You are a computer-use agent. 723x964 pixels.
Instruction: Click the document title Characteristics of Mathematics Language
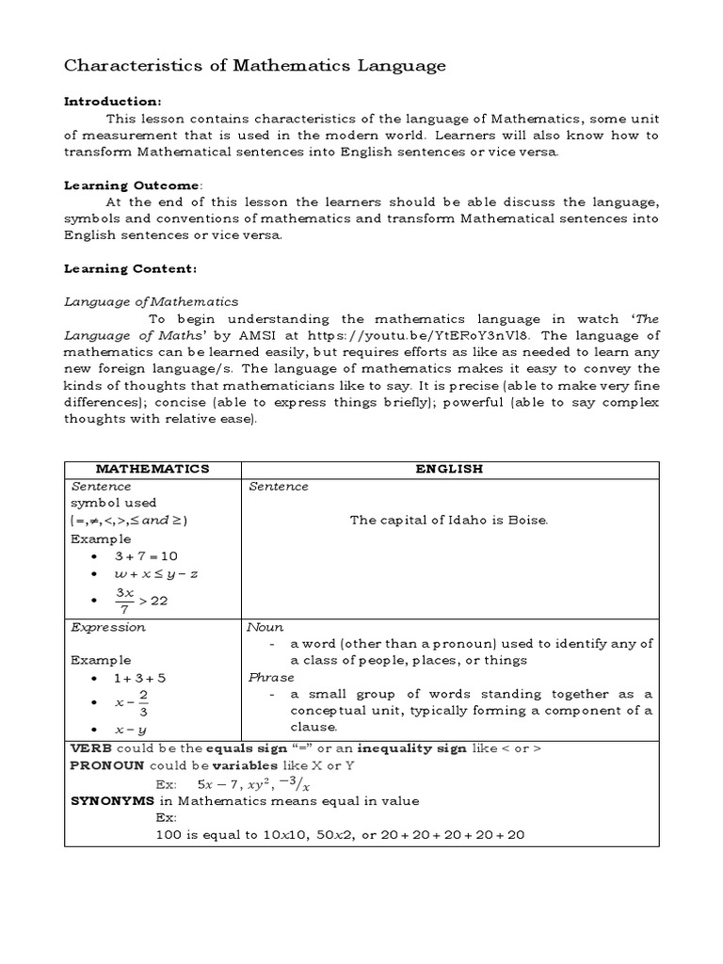[x=254, y=66]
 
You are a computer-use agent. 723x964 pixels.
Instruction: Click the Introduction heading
[x=112, y=101]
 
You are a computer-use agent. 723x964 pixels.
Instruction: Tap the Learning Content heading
[x=130, y=268]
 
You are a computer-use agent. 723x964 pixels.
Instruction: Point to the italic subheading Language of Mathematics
[x=151, y=302]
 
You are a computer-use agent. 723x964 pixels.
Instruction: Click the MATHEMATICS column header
[x=153, y=469]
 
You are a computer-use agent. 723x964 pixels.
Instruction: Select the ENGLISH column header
[x=450, y=469]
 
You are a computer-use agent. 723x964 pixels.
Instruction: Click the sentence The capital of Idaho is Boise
[x=449, y=520]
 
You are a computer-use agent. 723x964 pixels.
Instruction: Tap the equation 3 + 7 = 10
[x=145, y=556]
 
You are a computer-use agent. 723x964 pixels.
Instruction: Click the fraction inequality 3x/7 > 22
[x=141, y=600]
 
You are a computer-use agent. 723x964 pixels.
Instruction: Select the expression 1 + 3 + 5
[x=140, y=678]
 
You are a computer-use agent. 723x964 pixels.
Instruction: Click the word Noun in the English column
[x=265, y=627]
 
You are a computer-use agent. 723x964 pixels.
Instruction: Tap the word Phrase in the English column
[x=271, y=678]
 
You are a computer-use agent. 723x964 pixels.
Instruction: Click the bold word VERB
[x=91, y=747]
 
